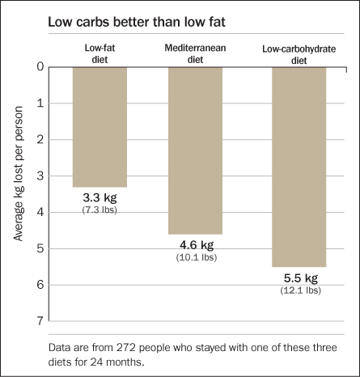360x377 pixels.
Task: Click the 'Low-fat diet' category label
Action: [100, 52]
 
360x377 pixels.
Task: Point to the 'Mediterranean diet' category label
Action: [195, 52]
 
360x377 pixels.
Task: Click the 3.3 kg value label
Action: [100, 198]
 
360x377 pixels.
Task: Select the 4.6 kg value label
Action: [196, 245]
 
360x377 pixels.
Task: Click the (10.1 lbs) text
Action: [196, 257]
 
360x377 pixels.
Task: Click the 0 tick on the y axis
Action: [39, 66]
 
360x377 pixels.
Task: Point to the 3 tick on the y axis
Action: [39, 176]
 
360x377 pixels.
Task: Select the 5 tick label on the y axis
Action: [39, 248]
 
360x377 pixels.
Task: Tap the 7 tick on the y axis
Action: [39, 321]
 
